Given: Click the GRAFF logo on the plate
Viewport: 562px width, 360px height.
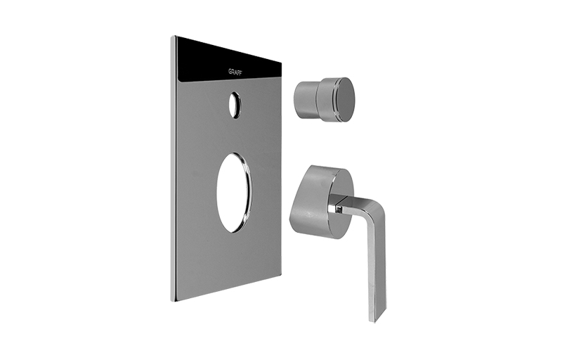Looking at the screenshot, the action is [235, 72].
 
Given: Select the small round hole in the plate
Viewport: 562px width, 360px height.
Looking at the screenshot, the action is [235, 105].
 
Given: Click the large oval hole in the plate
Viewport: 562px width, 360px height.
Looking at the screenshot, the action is [234, 193].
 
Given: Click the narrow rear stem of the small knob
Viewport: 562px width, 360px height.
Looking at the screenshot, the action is [306, 99].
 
